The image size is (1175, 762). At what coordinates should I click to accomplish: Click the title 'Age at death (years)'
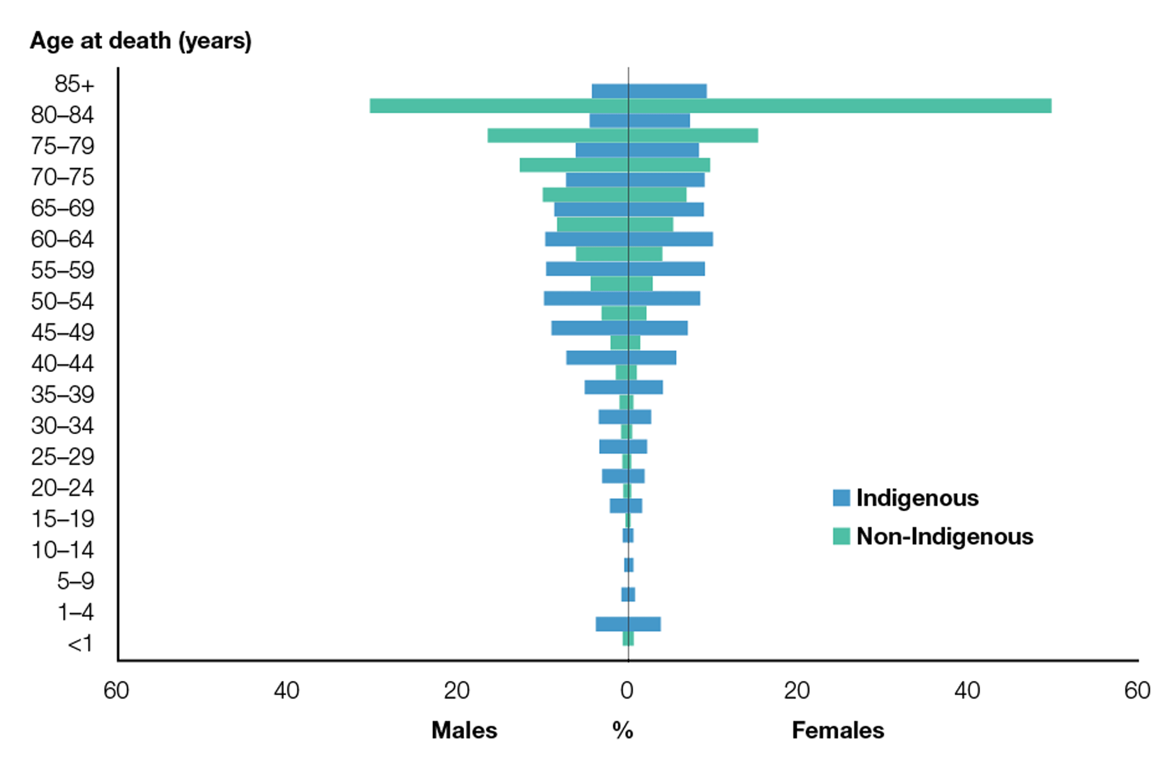coord(140,41)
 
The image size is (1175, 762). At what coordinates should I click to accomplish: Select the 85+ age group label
coord(74,84)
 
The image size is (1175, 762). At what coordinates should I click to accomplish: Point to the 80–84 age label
coord(62,115)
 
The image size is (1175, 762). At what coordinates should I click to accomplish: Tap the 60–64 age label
coord(62,239)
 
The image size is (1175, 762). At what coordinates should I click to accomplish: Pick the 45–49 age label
coord(62,333)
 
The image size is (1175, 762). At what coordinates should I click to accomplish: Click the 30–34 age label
coord(62,425)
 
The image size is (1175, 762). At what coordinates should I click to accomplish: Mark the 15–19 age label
coord(62,519)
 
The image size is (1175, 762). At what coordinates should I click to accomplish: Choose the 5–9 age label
coord(75,581)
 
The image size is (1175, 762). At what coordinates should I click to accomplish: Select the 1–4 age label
coord(75,612)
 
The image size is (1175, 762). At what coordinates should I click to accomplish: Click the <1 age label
coord(80,644)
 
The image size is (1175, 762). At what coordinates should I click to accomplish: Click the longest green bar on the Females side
coord(840,106)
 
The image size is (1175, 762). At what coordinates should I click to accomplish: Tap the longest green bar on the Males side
coord(499,106)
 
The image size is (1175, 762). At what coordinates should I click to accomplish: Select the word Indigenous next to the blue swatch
coord(917,498)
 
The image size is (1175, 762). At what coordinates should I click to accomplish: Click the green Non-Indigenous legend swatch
coord(841,536)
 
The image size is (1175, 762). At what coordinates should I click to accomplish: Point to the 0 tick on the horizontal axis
coord(627,691)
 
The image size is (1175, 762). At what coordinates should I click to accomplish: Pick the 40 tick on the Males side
coord(286,691)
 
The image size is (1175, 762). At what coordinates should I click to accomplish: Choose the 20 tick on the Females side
coord(797,691)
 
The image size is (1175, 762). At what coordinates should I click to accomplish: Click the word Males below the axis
coord(464,730)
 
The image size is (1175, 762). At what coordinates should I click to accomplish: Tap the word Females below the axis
coord(838,730)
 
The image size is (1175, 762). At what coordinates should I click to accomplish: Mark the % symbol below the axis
coord(623,730)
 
